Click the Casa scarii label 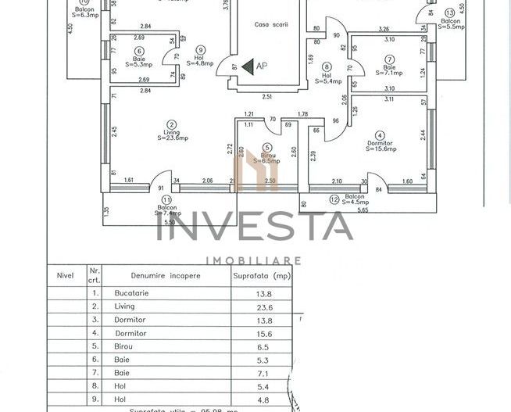coord(271,24)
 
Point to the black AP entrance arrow coord(247,67)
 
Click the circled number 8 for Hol coord(327,66)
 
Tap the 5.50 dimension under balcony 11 coord(166,225)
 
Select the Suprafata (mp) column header coord(262,275)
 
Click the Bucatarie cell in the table coord(130,292)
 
